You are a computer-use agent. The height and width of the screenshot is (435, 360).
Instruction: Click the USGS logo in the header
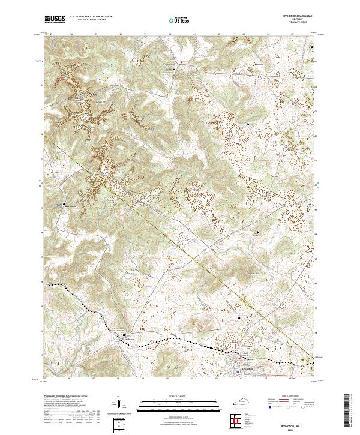[55, 19]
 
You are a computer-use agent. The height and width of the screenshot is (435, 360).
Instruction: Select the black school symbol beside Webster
[124, 335]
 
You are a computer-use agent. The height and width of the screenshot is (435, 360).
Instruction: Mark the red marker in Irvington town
[241, 359]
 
